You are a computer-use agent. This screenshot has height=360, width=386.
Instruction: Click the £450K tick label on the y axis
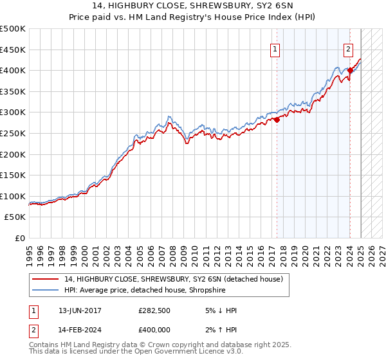click(x=14, y=50)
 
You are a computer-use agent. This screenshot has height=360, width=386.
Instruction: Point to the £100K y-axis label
click(x=14, y=196)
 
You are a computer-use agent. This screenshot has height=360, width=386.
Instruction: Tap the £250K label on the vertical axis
click(x=14, y=133)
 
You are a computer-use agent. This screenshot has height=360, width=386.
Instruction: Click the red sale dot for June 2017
click(x=277, y=120)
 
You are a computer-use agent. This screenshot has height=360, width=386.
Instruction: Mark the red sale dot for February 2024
click(x=349, y=70)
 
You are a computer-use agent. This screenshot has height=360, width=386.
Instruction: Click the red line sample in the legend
click(x=46, y=278)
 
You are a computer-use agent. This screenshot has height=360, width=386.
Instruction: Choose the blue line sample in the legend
click(x=46, y=289)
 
